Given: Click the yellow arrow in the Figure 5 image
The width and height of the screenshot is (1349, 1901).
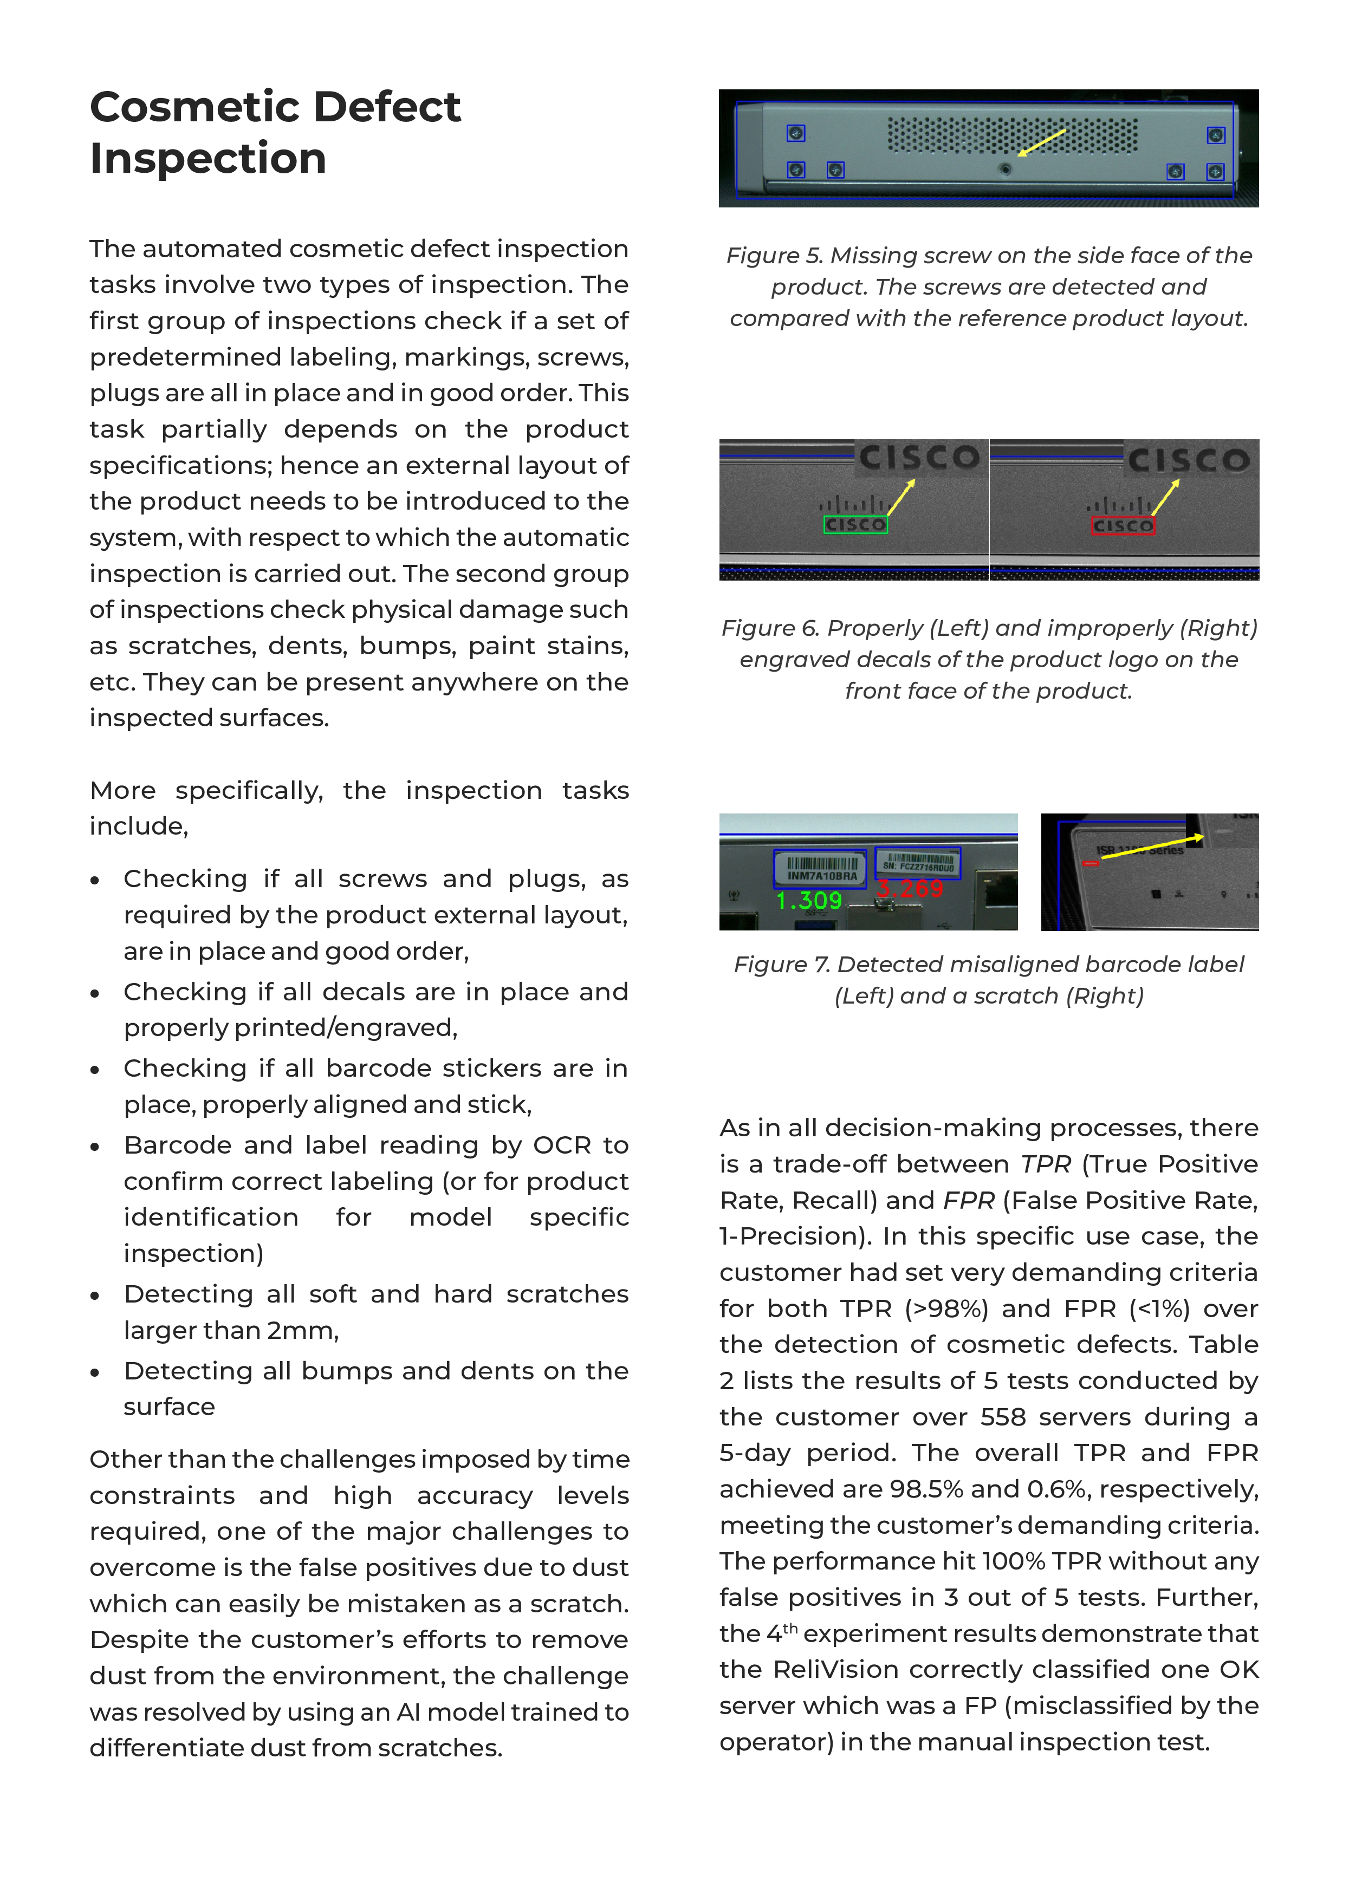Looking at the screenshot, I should [1042, 142].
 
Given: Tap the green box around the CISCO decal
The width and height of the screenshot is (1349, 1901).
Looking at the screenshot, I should [855, 524].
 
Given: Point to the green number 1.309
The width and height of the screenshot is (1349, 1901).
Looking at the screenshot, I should [808, 900].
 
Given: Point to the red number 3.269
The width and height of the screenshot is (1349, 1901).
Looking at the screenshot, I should [910, 889].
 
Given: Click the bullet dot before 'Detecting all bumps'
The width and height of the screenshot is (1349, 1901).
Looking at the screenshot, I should [95, 1373].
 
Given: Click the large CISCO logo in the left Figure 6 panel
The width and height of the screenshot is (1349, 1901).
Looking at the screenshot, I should [919, 458].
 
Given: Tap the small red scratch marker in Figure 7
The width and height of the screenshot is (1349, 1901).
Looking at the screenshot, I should [1092, 864].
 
